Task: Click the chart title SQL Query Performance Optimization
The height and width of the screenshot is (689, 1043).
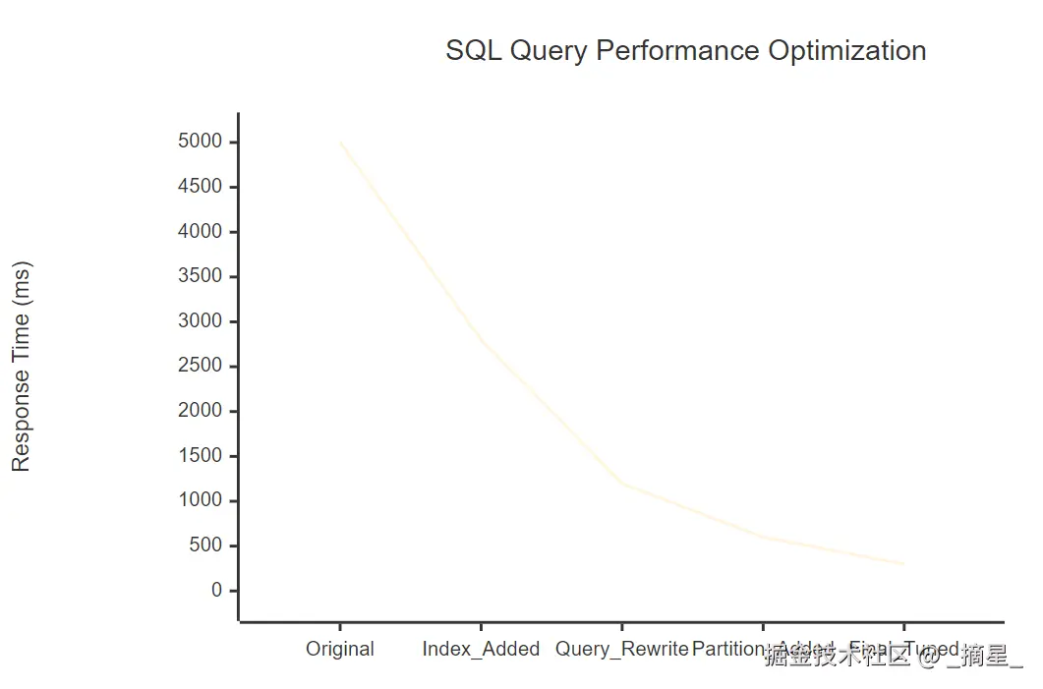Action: pyautogui.click(x=685, y=51)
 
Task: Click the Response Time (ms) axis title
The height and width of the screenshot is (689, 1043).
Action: pyautogui.click(x=22, y=367)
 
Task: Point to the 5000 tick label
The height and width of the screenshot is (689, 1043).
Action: pyautogui.click(x=201, y=143)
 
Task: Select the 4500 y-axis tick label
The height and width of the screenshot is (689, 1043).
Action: pyautogui.click(x=201, y=187)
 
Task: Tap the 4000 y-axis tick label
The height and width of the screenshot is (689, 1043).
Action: pyautogui.click(x=201, y=232)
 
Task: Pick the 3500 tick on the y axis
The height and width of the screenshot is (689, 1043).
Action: pyautogui.click(x=201, y=276)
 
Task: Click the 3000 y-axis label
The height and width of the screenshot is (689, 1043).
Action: pyautogui.click(x=201, y=321)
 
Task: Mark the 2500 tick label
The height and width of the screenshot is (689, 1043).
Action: pyautogui.click(x=201, y=367)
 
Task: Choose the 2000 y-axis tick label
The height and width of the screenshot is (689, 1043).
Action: pyautogui.click(x=201, y=411)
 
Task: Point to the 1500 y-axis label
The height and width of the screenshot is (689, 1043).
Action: pyautogui.click(x=201, y=456)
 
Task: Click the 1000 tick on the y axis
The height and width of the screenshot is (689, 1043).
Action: pyautogui.click(x=201, y=501)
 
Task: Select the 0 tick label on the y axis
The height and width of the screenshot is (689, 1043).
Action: pyautogui.click(x=217, y=591)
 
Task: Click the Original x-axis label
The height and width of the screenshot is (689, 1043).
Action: pyautogui.click(x=340, y=650)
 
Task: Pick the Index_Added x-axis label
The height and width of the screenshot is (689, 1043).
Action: pyautogui.click(x=481, y=650)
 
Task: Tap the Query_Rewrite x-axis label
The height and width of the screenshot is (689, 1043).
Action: pyautogui.click(x=621, y=650)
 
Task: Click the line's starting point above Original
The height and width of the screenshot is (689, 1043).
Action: pyautogui.click(x=340, y=143)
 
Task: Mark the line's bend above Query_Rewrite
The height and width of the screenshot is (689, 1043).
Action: pyautogui.click(x=621, y=483)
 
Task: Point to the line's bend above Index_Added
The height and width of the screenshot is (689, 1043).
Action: pyautogui.click(x=481, y=340)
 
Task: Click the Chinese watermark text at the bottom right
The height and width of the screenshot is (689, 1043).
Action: pyautogui.click(x=893, y=657)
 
